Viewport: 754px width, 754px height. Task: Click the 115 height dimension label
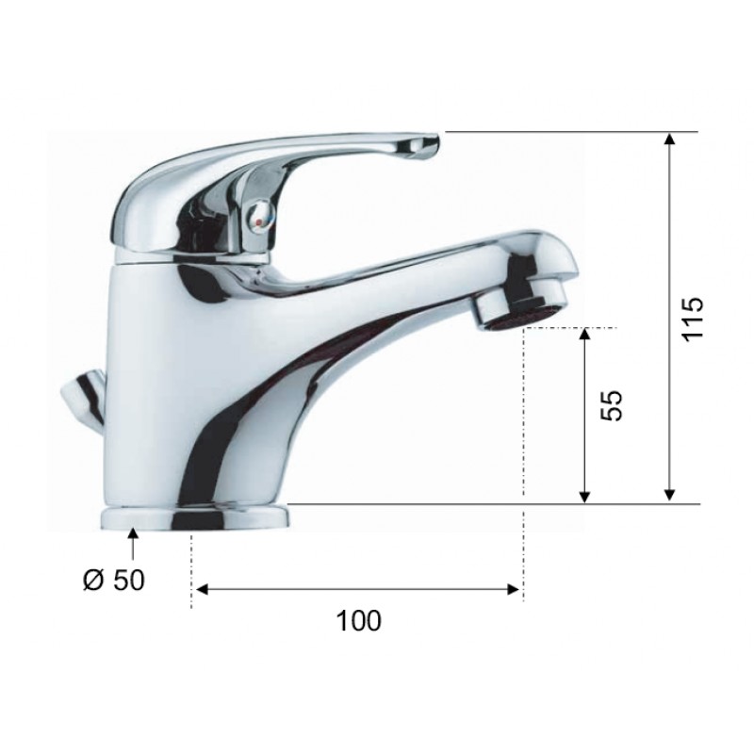(693, 319)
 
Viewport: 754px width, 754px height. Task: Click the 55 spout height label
(612, 405)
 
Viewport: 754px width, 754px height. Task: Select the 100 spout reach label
(359, 621)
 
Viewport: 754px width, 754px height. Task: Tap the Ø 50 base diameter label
(113, 580)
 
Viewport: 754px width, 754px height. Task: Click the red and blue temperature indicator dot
(260, 222)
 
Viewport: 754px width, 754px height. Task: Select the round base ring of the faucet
(195, 517)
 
